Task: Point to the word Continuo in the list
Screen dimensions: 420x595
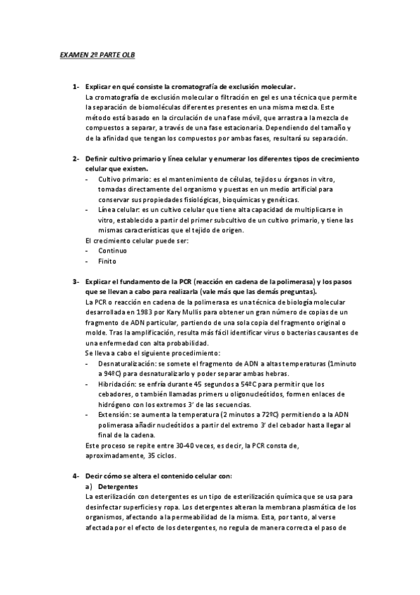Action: click(112, 250)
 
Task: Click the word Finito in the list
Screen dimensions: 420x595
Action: click(107, 260)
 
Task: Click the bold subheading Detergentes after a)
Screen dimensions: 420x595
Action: click(120, 486)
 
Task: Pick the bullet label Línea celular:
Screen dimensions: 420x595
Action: click(119, 210)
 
